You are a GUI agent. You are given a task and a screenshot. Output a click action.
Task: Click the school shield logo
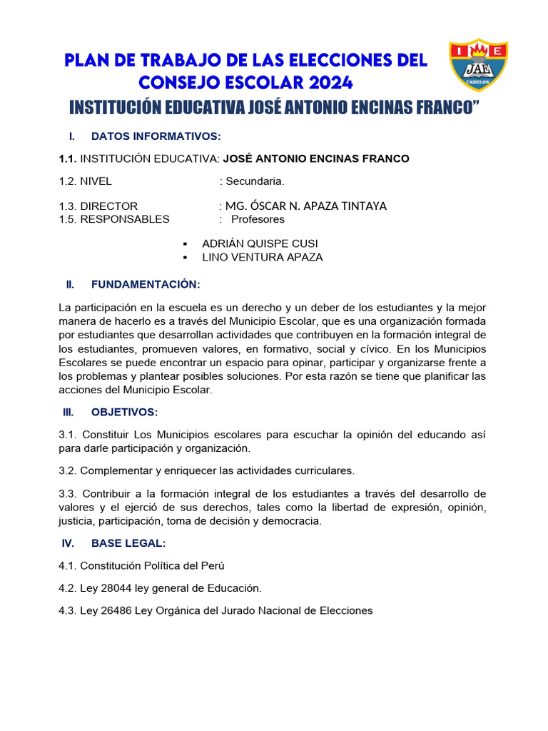coord(477,65)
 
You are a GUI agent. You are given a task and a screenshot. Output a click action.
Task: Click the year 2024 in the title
coord(328,83)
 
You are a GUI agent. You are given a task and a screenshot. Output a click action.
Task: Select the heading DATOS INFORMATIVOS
coord(156,136)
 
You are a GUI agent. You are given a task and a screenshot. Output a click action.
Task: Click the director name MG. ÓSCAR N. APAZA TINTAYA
coord(306,206)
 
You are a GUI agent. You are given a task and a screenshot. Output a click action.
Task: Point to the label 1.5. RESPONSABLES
coord(114,219)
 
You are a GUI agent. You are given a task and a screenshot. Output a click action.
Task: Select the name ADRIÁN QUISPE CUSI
coord(260,243)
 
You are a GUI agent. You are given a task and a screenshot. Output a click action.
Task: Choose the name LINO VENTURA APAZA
coord(263,257)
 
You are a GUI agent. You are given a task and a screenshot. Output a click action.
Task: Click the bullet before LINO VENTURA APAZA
coord(186,257)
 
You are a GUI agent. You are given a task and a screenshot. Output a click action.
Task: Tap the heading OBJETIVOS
coord(124,412)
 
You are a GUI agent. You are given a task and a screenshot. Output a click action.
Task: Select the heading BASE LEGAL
coord(128,543)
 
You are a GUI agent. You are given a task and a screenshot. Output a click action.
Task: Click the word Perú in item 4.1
coord(213,566)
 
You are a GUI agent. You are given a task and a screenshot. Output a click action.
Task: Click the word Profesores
coord(258,219)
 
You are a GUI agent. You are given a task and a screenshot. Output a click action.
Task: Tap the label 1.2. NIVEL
coord(85,181)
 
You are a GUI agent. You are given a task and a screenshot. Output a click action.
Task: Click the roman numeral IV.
coord(68,543)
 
